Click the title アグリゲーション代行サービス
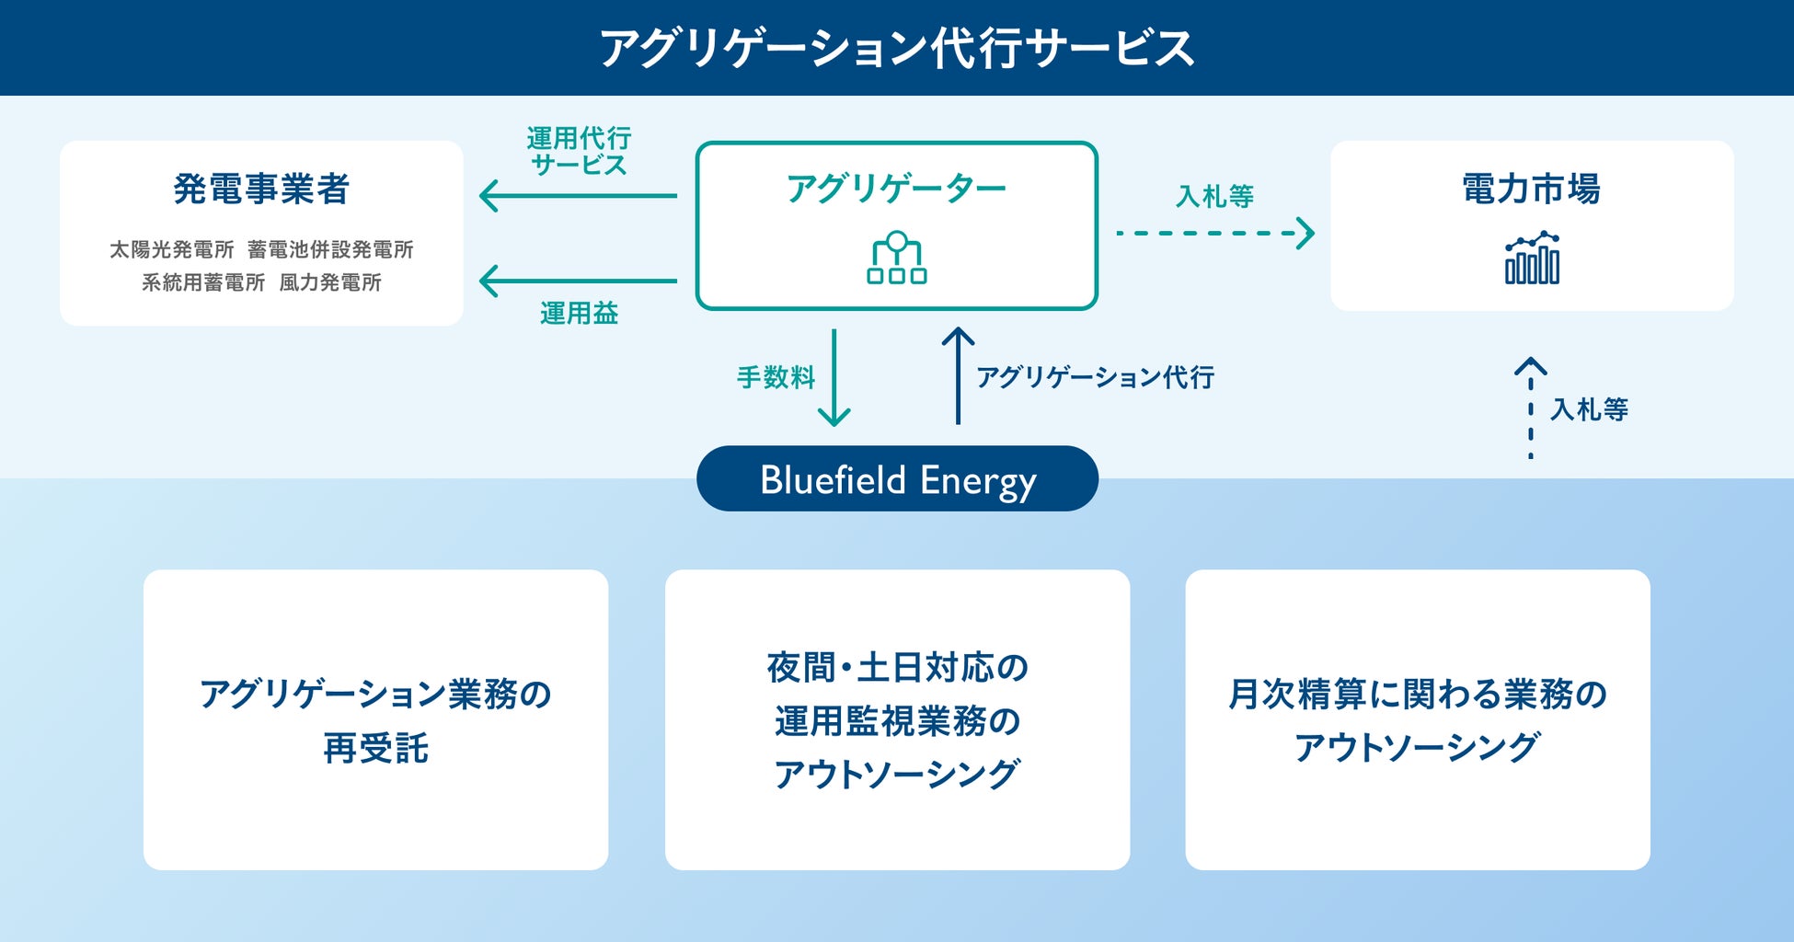(x=897, y=48)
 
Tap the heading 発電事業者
(x=261, y=189)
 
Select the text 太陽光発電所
(x=172, y=249)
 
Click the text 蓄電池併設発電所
(x=330, y=249)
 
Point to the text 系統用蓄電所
(x=203, y=282)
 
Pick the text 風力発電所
(x=330, y=282)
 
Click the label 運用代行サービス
(x=579, y=152)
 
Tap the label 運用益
(x=579, y=313)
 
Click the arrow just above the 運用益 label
(x=579, y=281)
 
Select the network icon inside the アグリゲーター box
(x=897, y=258)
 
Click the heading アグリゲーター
(x=897, y=189)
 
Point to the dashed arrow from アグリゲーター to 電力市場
(x=1215, y=233)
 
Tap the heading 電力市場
(x=1532, y=189)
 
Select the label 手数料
(x=776, y=377)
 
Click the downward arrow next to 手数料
(x=834, y=378)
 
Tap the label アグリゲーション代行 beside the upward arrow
(x=1096, y=377)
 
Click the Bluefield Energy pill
(x=897, y=478)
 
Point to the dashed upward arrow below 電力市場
(x=1531, y=408)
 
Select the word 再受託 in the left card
(x=375, y=748)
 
